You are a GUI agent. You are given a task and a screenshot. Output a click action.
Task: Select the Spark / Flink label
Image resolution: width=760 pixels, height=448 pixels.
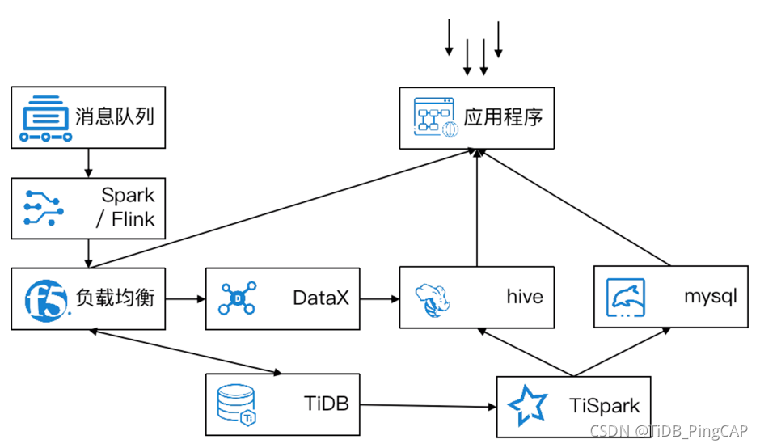128,208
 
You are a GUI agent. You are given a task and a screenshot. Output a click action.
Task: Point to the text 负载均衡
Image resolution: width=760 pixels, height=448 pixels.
114,298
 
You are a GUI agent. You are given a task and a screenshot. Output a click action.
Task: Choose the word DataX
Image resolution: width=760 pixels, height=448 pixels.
321,298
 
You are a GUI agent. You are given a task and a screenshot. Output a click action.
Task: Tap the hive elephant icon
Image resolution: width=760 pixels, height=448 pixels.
432,298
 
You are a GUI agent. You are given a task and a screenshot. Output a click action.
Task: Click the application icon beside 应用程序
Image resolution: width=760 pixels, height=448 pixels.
435,118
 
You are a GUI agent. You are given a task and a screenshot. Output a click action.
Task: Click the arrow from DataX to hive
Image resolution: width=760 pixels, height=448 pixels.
379,298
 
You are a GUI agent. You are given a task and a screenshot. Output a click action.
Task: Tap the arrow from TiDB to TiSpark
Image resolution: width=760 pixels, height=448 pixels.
428,405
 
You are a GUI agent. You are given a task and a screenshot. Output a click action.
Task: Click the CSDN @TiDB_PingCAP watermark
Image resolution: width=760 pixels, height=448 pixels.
669,431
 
